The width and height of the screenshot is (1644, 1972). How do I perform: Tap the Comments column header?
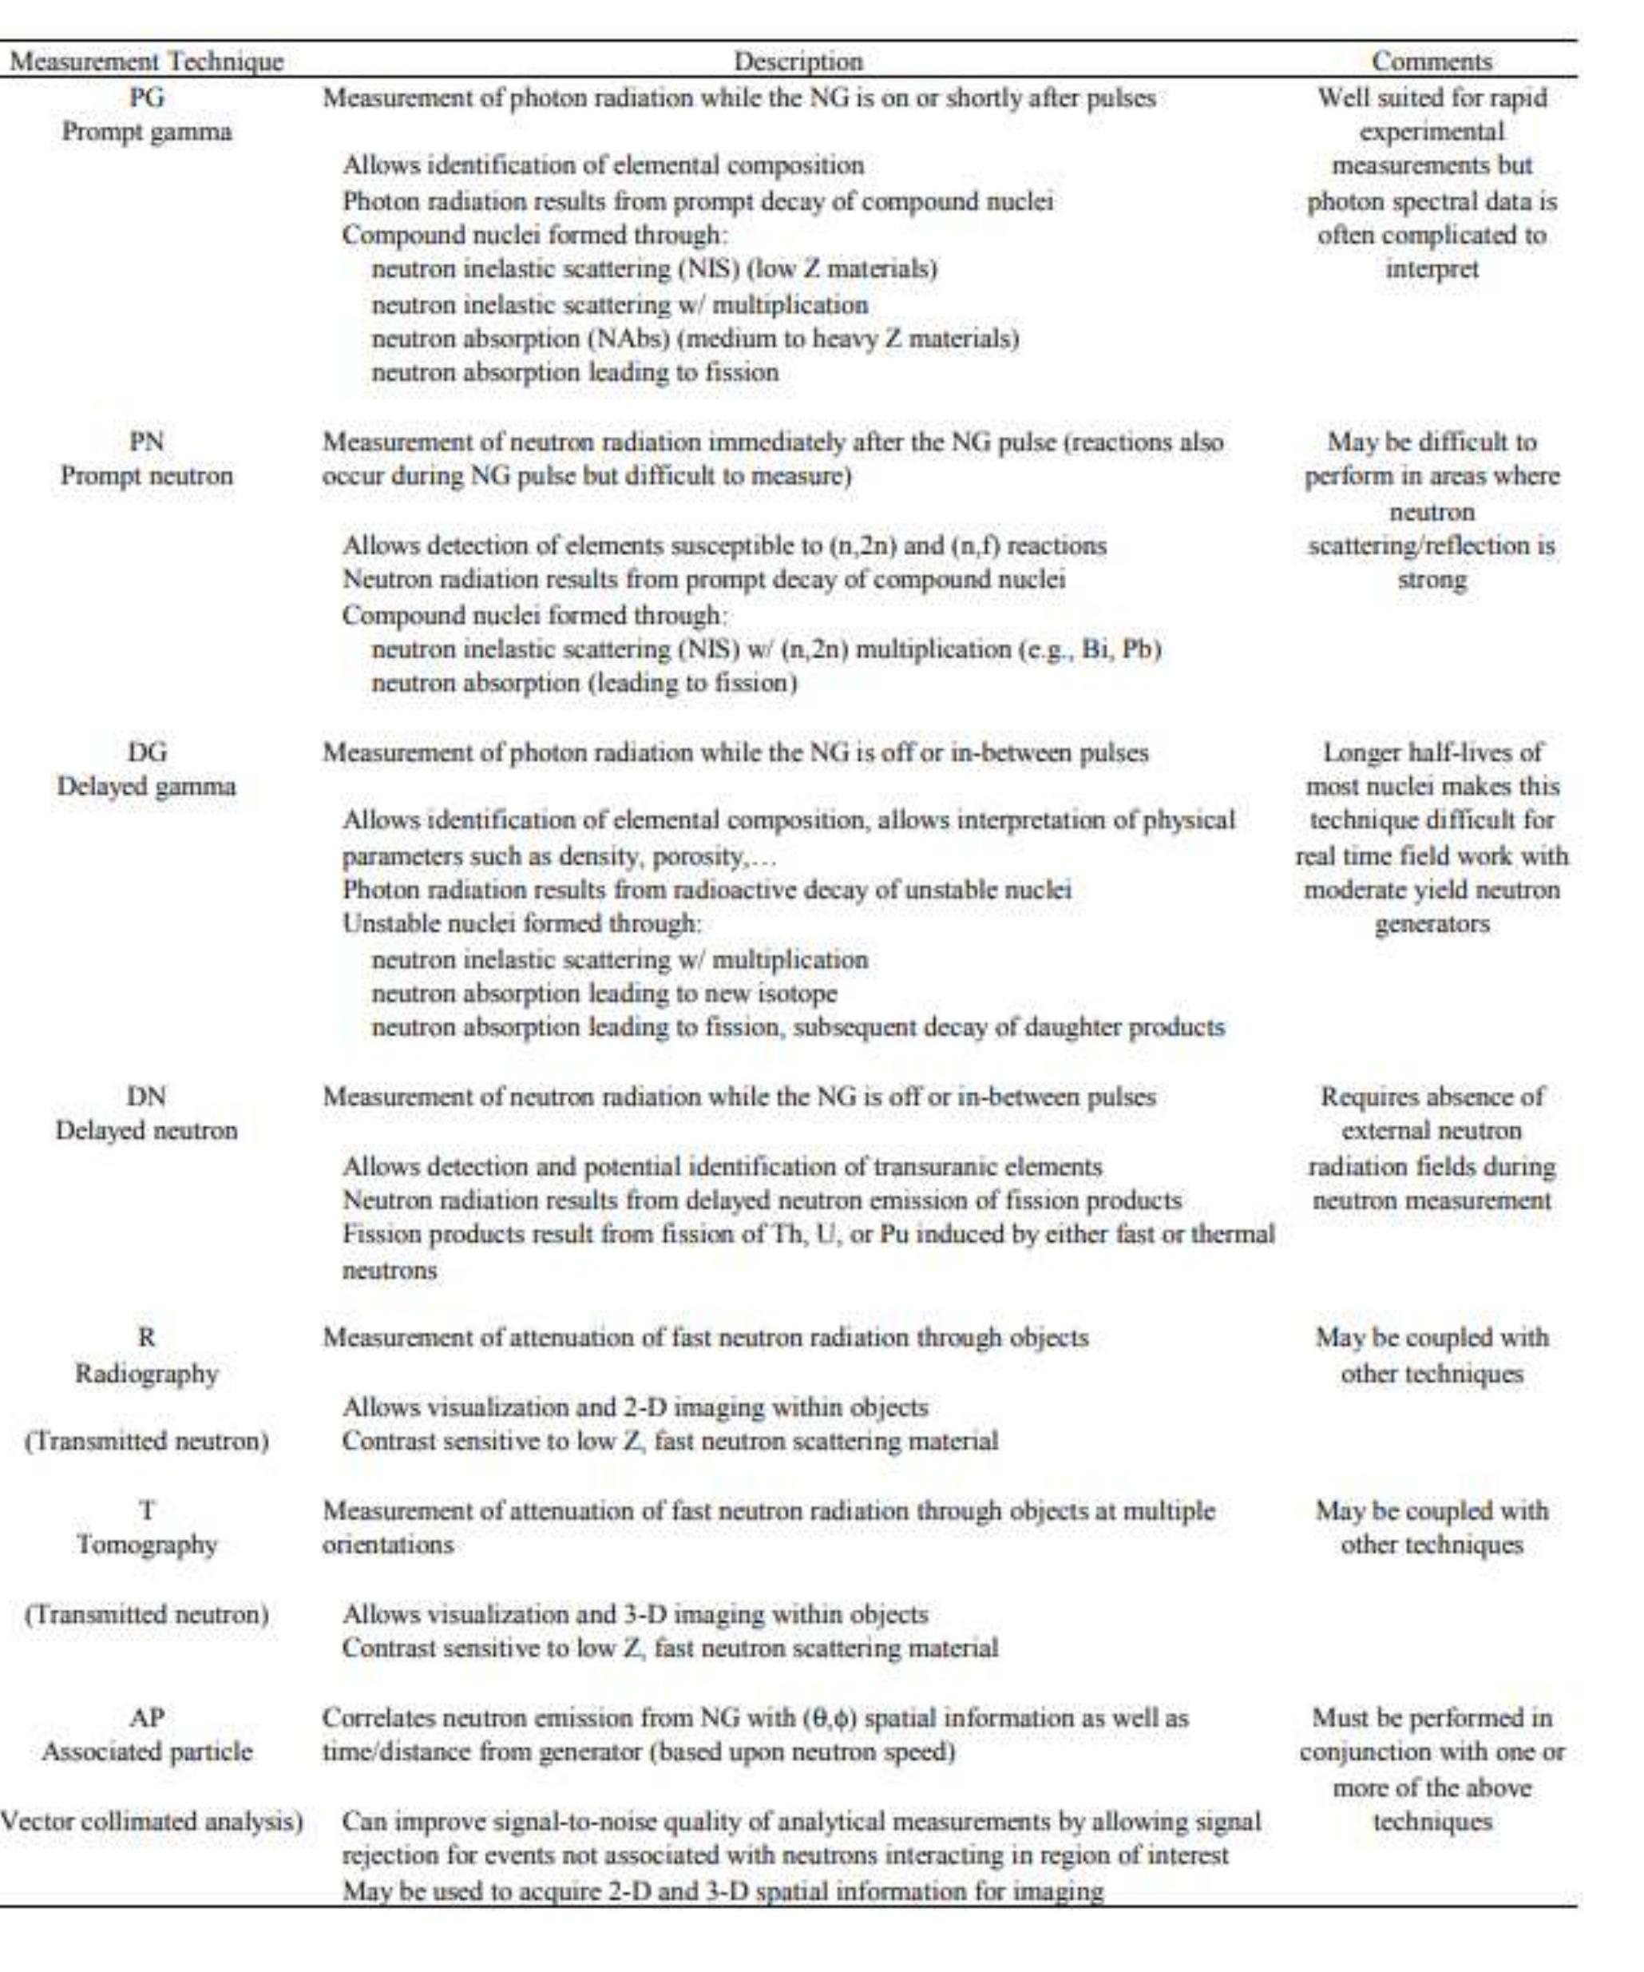1431,62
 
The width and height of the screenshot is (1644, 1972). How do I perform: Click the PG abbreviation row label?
146,97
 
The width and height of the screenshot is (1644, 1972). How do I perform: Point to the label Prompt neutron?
146,476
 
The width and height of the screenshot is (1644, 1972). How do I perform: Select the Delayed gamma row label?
146,786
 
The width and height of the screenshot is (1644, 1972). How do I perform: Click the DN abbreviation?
146,1096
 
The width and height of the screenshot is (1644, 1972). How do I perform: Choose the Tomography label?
146,1545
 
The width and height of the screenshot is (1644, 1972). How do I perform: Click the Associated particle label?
146,1752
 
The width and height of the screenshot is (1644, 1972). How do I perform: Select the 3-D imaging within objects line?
635,1614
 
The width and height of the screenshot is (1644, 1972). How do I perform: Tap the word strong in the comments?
1431,581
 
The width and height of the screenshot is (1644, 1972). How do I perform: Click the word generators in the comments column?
1431,925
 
